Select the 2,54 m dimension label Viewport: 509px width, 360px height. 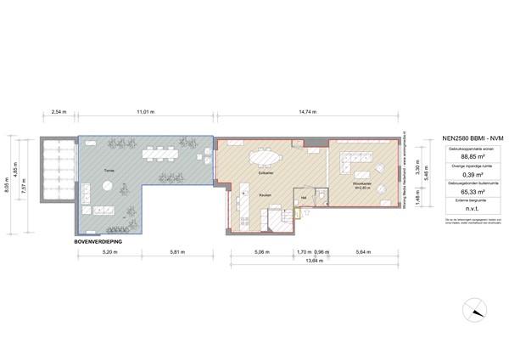pos(59,111)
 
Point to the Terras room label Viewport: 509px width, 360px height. pos(109,170)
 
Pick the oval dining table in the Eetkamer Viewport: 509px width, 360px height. pos(265,156)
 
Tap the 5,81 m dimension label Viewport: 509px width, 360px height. pos(177,252)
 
